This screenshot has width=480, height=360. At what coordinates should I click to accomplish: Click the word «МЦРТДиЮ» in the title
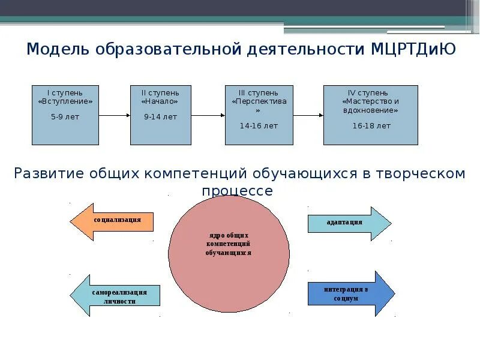[414, 49]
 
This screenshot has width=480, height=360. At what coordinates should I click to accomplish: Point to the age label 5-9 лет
[65, 117]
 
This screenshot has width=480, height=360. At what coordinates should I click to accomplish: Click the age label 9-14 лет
[160, 117]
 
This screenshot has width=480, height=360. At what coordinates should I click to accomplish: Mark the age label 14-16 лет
[259, 126]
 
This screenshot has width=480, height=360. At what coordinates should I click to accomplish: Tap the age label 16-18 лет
[371, 126]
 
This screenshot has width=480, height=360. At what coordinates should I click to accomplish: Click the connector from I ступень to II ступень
[115, 116]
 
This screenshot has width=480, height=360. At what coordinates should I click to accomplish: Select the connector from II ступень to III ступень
[208, 116]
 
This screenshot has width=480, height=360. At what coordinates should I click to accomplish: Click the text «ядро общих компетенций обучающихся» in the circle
[229, 244]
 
